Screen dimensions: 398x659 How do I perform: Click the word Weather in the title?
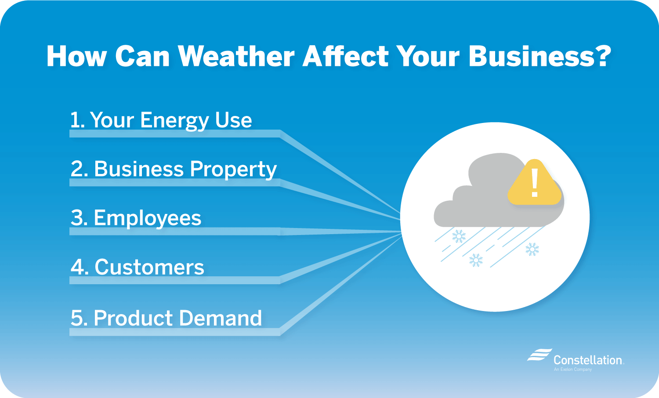[x=236, y=56]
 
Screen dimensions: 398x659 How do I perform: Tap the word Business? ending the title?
[x=540, y=56]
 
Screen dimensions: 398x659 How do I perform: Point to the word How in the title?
[x=77, y=56]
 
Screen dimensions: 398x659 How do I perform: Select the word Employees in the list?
[x=148, y=218]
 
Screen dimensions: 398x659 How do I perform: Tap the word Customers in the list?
[x=149, y=267]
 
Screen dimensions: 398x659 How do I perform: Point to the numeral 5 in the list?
[x=76, y=318]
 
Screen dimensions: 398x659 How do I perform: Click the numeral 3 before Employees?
[x=77, y=218]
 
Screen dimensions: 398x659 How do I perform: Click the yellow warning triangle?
[x=534, y=185]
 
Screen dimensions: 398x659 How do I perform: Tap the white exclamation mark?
[x=535, y=183]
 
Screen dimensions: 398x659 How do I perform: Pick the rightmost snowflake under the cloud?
[x=532, y=250]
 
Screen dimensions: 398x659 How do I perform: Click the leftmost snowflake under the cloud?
[x=459, y=236]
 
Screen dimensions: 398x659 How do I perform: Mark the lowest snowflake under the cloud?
[x=476, y=260]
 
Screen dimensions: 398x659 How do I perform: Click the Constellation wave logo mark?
[x=540, y=355]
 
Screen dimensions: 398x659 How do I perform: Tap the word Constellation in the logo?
[x=588, y=360]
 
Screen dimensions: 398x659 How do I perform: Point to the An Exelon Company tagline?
[x=573, y=370]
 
